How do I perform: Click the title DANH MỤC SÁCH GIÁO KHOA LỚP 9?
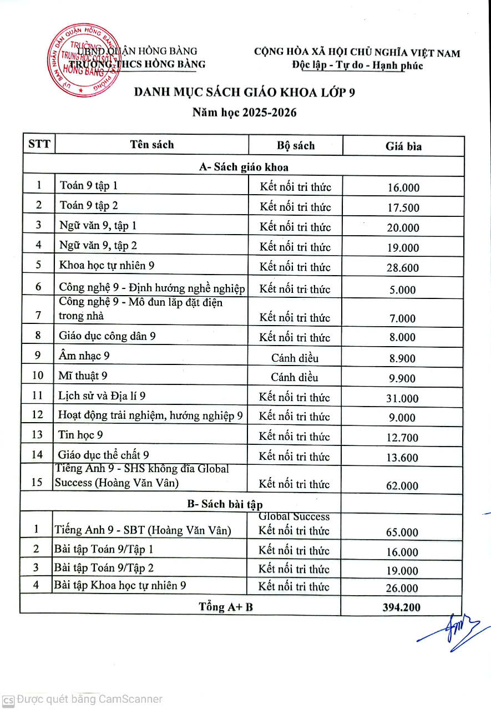[245, 92]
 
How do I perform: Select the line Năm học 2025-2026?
[245, 113]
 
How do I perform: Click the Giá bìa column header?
[403, 146]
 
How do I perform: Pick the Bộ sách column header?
[295, 146]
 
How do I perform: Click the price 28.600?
[403, 267]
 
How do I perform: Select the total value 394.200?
[401, 607]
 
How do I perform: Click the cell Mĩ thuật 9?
[83, 376]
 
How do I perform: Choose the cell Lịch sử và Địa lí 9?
[102, 395]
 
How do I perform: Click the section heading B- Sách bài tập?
[225, 504]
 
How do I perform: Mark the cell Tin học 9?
[81, 435]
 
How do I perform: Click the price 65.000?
[402, 532]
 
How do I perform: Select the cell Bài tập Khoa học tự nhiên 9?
[120, 585]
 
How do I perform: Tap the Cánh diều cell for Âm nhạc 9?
[295, 358]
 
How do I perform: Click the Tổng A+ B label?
[226, 606]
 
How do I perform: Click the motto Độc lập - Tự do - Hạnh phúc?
[358, 65]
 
